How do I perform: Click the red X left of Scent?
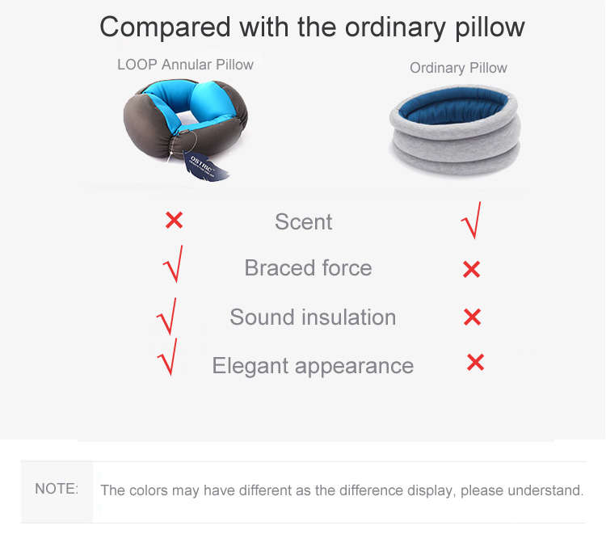point(174,221)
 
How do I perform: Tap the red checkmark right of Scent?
point(473,221)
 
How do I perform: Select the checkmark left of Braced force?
point(174,264)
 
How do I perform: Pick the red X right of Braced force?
point(472,269)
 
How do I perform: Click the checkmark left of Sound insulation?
point(167,317)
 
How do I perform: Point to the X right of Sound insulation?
point(473,317)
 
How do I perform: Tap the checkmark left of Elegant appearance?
point(168,357)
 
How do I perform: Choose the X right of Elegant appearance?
point(475,363)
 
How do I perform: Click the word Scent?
point(303,222)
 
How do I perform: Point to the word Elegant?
point(250,365)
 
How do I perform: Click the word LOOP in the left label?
point(137,65)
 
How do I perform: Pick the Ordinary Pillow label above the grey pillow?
point(458,68)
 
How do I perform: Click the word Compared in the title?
point(165,27)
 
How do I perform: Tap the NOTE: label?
point(57,489)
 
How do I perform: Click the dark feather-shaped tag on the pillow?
point(205,166)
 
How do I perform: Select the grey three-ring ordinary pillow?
point(455,129)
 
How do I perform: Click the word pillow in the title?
point(490,27)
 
